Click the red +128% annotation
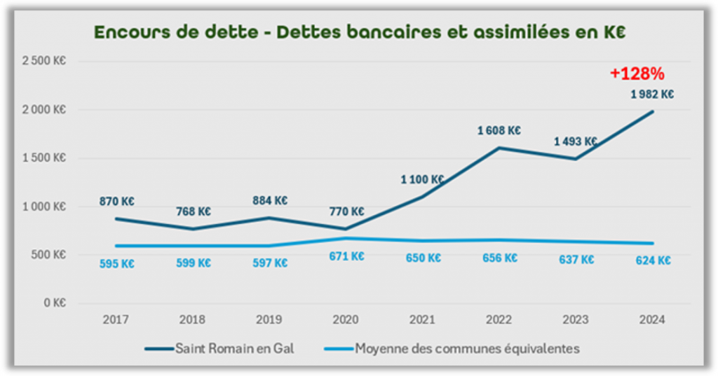click(x=637, y=74)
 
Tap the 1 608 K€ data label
click(x=499, y=130)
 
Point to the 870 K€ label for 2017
click(x=117, y=201)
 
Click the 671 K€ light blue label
click(x=346, y=256)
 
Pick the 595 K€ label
click(x=117, y=264)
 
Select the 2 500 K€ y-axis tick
click(x=44, y=61)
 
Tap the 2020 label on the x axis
click(x=346, y=319)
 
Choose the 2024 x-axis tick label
click(x=652, y=319)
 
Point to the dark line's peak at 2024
click(x=652, y=111)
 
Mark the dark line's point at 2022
click(x=499, y=148)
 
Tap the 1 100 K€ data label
click(x=422, y=180)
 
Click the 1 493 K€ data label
click(x=576, y=141)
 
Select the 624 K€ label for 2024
click(x=652, y=260)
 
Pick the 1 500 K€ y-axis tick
click(x=44, y=158)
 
